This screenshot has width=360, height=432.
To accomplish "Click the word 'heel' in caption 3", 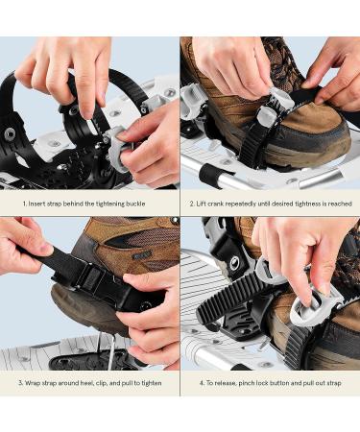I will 88,382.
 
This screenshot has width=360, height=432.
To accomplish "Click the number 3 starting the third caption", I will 21,382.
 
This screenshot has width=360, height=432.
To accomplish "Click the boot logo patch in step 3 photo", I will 141,254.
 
